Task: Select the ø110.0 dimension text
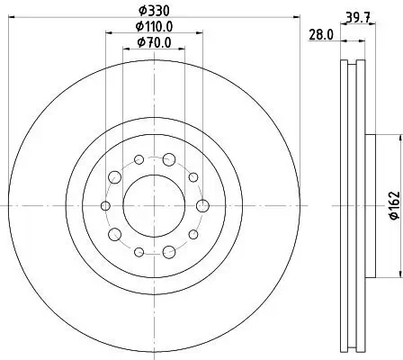[x=154, y=27]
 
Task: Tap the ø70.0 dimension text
[x=154, y=41]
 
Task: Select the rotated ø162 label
[x=393, y=208]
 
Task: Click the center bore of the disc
[x=153, y=206]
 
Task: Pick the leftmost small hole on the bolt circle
[x=104, y=206]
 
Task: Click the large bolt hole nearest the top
[x=168, y=160]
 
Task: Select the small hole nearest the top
[x=139, y=160]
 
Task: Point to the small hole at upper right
[x=193, y=177]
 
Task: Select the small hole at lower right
[x=193, y=235]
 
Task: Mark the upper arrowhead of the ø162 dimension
[x=396, y=139]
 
